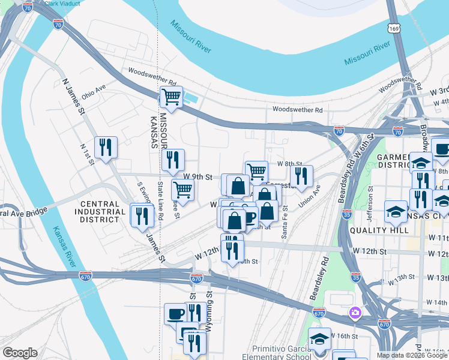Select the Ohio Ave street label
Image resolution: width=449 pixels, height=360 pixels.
(x=94, y=91)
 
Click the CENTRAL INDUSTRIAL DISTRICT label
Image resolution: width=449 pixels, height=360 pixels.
(x=98, y=212)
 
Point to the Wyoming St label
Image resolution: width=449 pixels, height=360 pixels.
(x=209, y=304)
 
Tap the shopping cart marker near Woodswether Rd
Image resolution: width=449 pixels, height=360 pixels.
(x=172, y=97)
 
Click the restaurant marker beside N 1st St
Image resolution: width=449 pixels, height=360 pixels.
(x=106, y=147)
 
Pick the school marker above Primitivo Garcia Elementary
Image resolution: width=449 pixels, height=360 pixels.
(x=319, y=338)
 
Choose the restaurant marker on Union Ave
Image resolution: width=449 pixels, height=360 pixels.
(x=301, y=175)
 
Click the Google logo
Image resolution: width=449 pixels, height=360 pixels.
(x=20, y=353)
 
